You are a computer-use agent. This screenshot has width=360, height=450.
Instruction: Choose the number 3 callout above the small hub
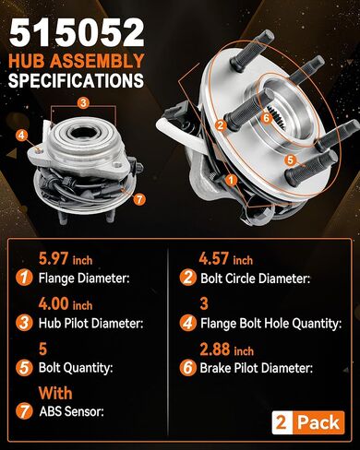coord(83,103)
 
